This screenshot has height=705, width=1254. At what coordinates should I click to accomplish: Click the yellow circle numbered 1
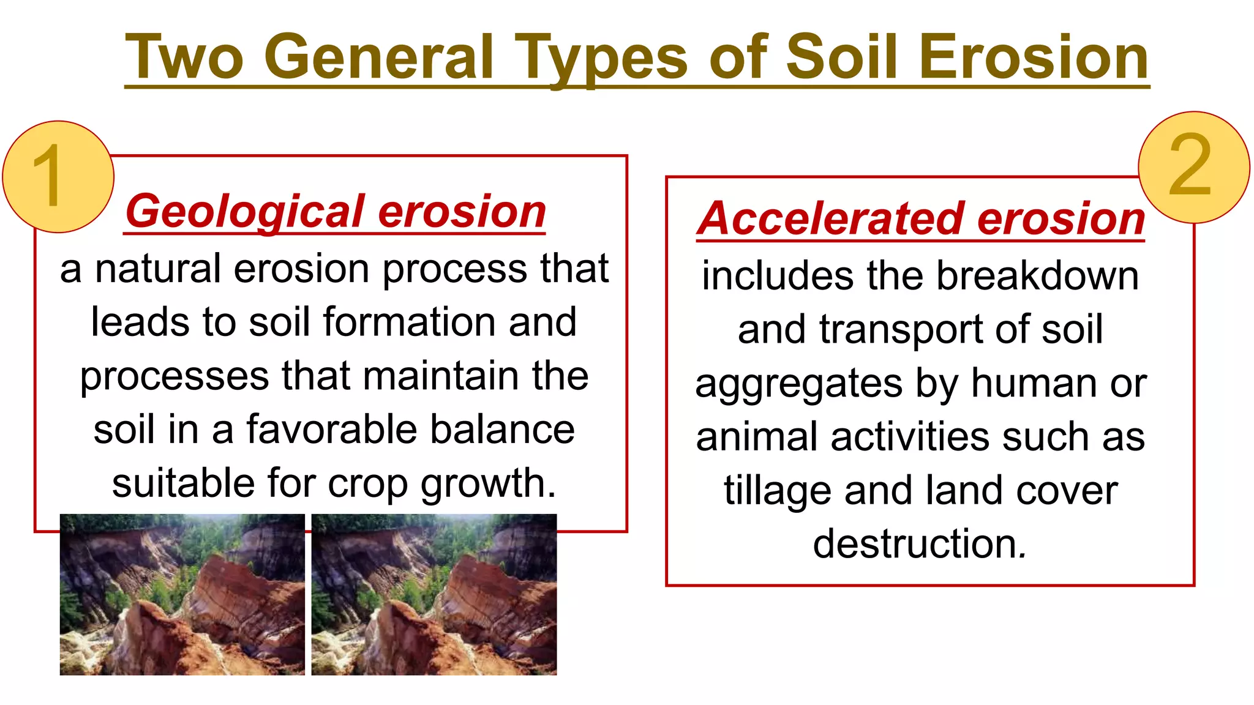coord(58,177)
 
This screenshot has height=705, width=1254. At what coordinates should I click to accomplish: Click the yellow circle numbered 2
coord(1193,166)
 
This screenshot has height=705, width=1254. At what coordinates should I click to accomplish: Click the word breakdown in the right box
coord(1037,276)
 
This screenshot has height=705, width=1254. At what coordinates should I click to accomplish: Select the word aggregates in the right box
coord(798,384)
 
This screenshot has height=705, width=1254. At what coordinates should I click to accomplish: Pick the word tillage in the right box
coord(777,491)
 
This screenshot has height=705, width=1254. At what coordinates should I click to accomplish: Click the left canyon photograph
coord(182,594)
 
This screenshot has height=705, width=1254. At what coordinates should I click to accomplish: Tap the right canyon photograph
coord(434,594)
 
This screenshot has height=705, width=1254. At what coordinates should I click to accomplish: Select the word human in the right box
coord(1034,384)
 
